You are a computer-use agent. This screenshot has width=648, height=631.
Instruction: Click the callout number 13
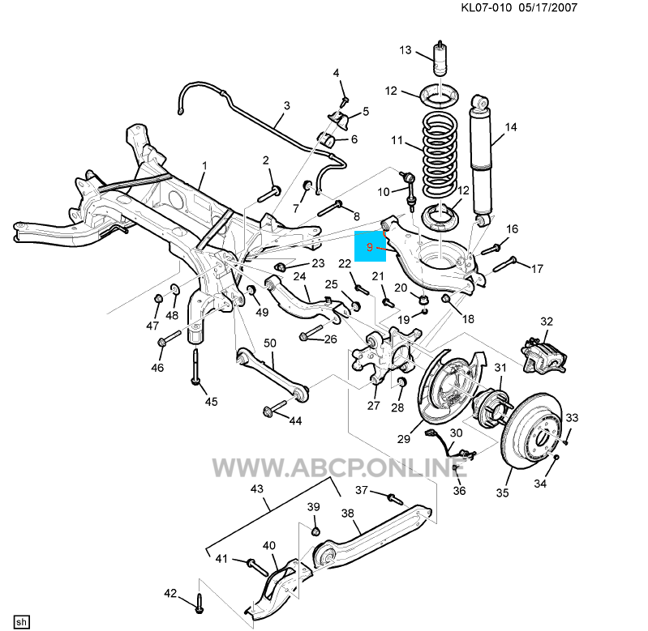click(406, 51)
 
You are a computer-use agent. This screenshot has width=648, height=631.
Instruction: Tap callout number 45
click(211, 401)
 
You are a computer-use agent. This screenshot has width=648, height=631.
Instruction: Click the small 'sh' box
click(22, 621)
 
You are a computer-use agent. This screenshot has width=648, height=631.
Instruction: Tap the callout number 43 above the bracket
click(258, 489)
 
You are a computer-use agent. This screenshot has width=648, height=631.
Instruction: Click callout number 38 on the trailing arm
click(347, 513)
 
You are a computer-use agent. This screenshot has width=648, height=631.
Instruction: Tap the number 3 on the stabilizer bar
click(286, 105)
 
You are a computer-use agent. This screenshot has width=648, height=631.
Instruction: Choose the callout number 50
click(269, 343)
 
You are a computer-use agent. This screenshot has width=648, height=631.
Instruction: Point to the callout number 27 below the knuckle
click(374, 405)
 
